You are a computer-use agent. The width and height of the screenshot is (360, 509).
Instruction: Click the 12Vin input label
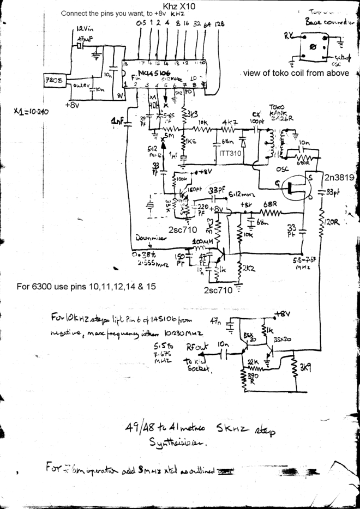click(x=85, y=28)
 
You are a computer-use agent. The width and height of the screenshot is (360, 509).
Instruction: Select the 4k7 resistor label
click(x=228, y=122)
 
